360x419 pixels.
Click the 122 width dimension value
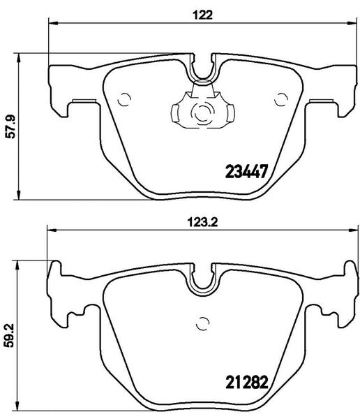pos(203,15)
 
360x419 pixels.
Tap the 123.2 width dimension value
pos(202,222)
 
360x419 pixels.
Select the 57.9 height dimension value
pos(10,126)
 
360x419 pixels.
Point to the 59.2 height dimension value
pos(9,335)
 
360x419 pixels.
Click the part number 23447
pos(246,171)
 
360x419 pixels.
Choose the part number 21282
pos(247,382)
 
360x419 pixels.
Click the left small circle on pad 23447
pos(124,100)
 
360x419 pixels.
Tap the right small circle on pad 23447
pos(281,100)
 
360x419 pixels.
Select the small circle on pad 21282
pos(202,324)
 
